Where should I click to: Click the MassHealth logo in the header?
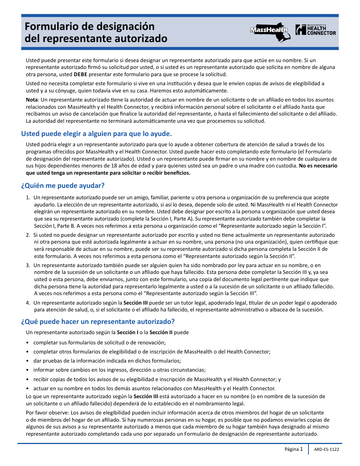(270, 30)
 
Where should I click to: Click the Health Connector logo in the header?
(316, 30)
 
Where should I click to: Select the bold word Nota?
(32, 100)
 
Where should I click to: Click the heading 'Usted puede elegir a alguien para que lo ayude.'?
(96, 134)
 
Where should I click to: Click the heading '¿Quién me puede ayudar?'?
(63, 186)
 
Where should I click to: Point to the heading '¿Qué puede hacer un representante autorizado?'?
(98, 322)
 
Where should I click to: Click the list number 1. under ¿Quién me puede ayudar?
(28, 197)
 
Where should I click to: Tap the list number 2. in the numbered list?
(28, 235)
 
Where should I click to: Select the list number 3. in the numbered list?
(28, 265)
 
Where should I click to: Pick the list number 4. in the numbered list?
(28, 303)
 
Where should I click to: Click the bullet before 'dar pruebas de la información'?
(28, 361)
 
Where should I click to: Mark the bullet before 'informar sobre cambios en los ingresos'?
(28, 370)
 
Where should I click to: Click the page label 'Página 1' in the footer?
(294, 449)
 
